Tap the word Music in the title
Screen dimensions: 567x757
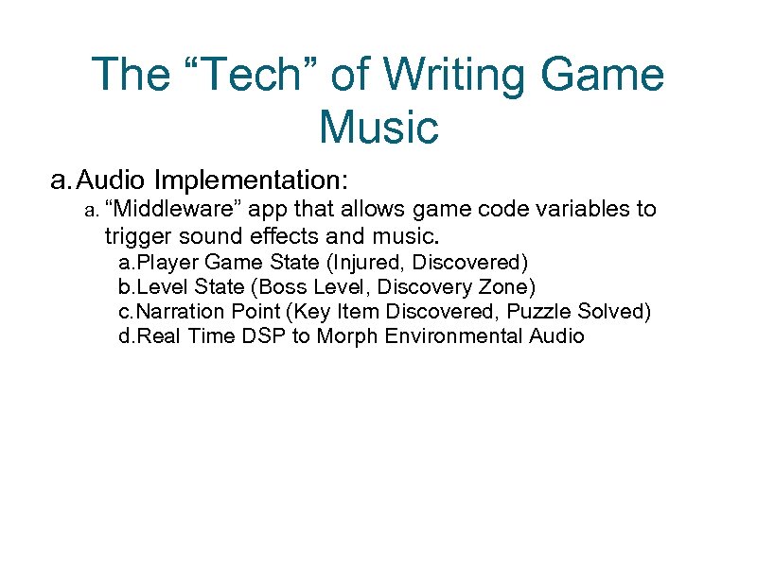pos(378,127)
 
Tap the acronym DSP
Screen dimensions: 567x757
pos(265,336)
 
